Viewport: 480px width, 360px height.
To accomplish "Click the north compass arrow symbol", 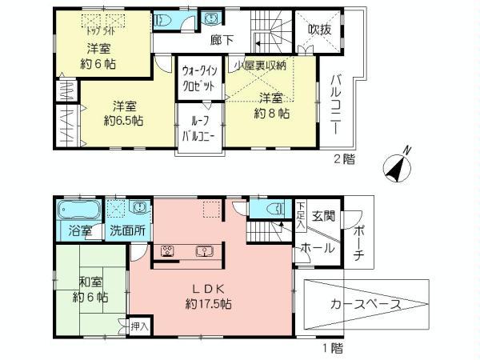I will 397,166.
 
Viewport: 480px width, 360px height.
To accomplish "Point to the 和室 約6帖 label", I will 91,289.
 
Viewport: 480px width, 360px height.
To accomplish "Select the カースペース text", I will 360,305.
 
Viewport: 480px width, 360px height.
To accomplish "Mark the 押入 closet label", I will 138,326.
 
